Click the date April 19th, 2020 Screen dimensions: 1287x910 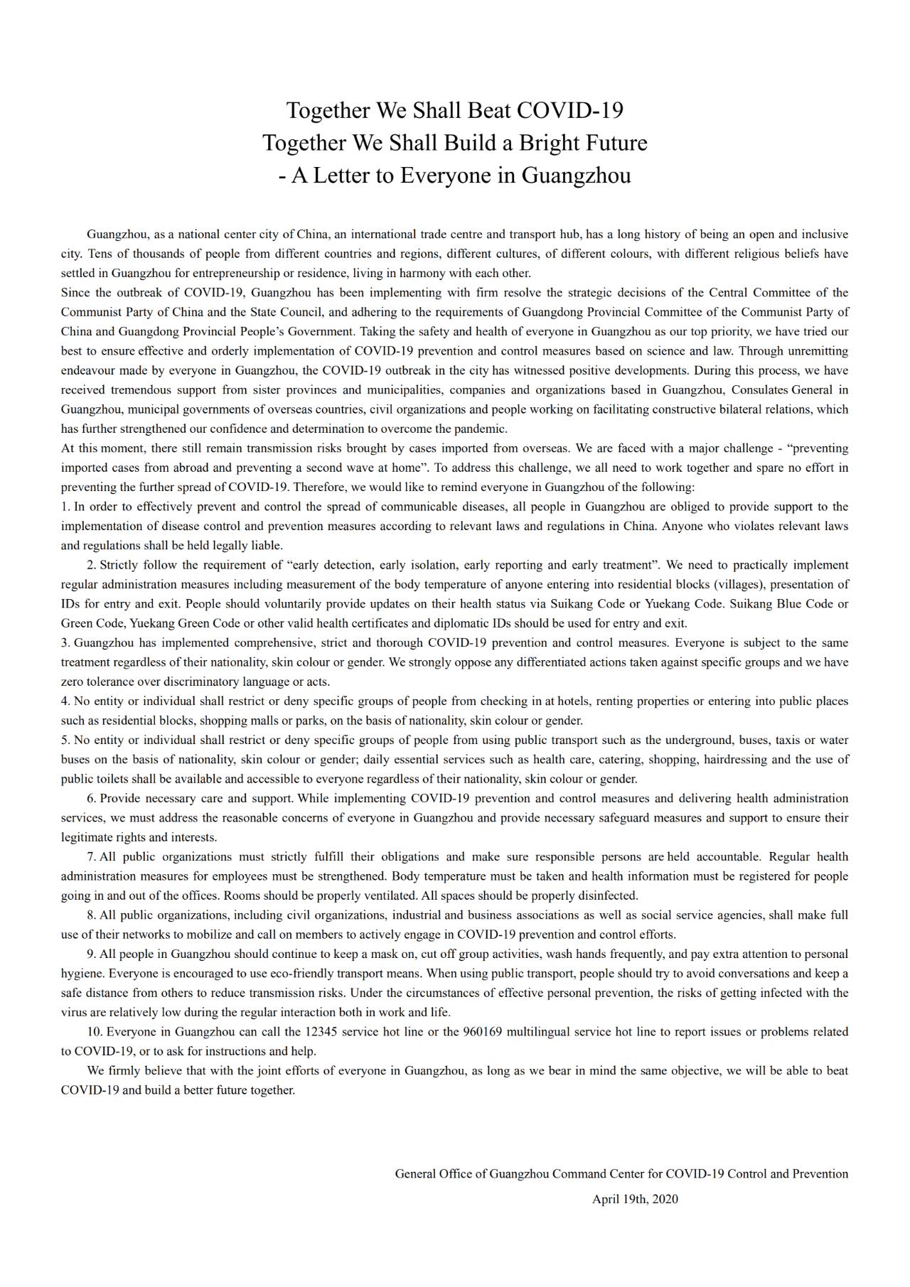[635, 1199]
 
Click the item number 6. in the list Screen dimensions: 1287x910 [92, 798]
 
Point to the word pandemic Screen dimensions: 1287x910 [484, 429]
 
